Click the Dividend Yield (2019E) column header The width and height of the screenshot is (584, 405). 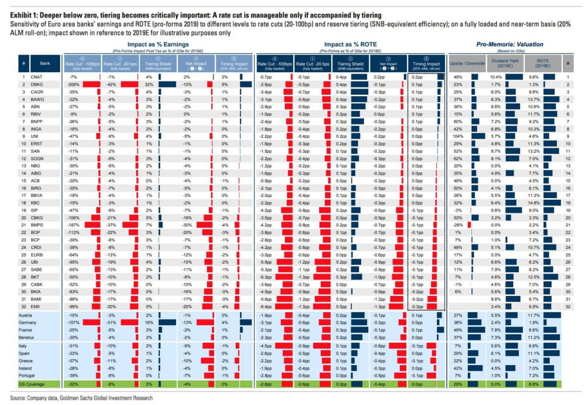coord(495,63)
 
